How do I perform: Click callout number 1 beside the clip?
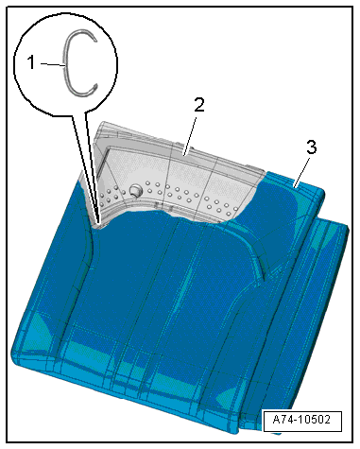click(x=31, y=62)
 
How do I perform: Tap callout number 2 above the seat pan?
click(x=199, y=105)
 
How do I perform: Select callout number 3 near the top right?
click(x=311, y=147)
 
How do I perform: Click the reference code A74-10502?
click(x=301, y=420)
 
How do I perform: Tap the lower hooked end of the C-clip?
click(x=95, y=88)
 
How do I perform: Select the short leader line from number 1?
click(x=53, y=64)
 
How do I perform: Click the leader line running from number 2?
click(x=191, y=135)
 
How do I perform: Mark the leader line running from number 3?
click(x=301, y=172)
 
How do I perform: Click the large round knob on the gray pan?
click(x=136, y=189)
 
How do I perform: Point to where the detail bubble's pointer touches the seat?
click(x=98, y=225)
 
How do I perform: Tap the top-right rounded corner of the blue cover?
click(x=323, y=191)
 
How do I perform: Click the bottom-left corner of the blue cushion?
click(x=14, y=359)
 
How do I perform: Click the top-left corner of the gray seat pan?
click(x=101, y=123)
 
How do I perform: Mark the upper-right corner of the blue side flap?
click(x=347, y=226)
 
